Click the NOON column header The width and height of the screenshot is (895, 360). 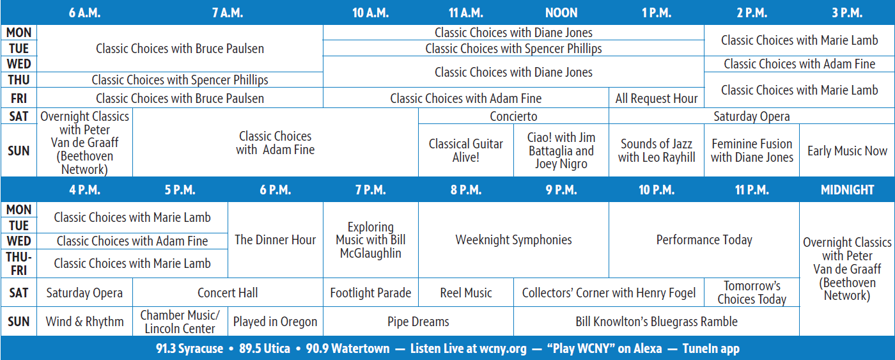click(x=561, y=13)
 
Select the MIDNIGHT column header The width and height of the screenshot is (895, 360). click(x=847, y=190)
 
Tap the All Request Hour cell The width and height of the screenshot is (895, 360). click(x=657, y=98)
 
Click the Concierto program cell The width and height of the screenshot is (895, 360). click(x=513, y=116)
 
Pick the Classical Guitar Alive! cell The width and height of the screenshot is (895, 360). click(x=466, y=151)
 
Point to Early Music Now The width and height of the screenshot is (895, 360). click(x=847, y=151)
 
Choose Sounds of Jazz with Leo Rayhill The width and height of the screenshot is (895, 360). click(x=657, y=151)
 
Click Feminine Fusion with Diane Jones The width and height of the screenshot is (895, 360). click(x=752, y=151)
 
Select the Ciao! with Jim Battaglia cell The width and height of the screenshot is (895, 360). click(x=561, y=151)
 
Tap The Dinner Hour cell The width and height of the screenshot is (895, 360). click(x=275, y=240)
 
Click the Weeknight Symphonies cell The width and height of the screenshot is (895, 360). click(x=513, y=240)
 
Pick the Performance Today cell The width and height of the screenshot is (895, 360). click(x=704, y=240)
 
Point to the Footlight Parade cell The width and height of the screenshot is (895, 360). click(x=370, y=293)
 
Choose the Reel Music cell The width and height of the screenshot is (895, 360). click(x=466, y=293)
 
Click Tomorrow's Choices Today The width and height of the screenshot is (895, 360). click(x=752, y=293)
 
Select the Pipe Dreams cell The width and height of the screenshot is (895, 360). click(x=418, y=322)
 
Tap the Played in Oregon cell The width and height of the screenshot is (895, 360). click(x=275, y=322)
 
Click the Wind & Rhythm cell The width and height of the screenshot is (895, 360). click(x=84, y=322)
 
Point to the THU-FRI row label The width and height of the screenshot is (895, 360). click(x=19, y=263)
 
